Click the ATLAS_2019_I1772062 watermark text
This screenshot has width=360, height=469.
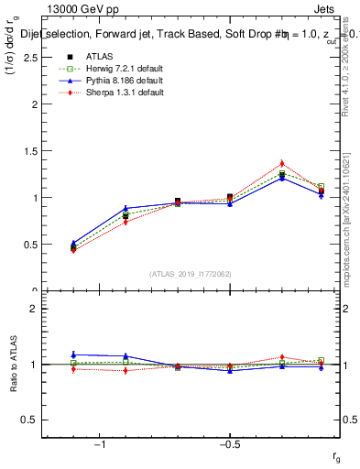pos(191,273)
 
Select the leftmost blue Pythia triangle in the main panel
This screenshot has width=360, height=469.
pos(73,243)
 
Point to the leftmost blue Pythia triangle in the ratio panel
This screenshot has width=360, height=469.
pos(73,354)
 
